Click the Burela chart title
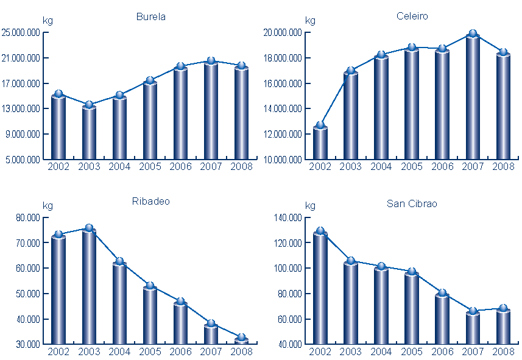click(150, 17)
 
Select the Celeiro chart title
click(412, 16)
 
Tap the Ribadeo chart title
click(150, 202)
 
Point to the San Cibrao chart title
click(412, 203)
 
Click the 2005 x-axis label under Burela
click(150, 167)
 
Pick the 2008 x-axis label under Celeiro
click(503, 167)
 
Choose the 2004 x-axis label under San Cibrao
click(381, 351)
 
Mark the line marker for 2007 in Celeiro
click(473, 34)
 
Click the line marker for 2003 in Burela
click(89, 105)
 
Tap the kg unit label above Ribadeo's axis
click(48, 205)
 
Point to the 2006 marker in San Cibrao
click(442, 293)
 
